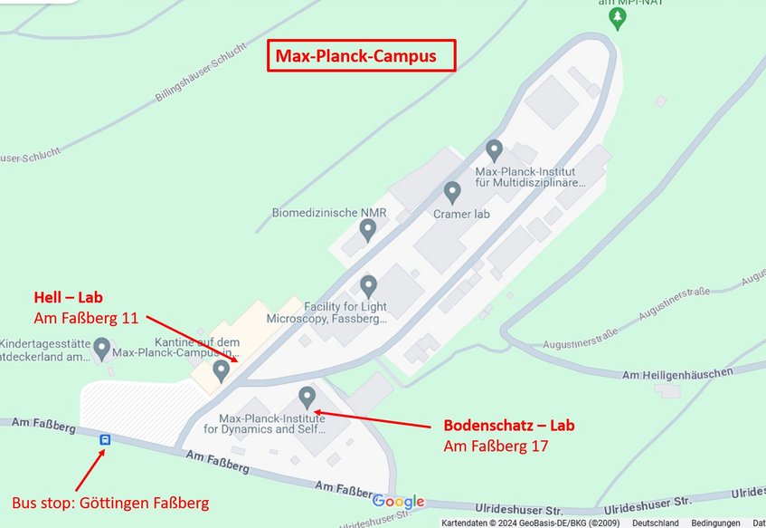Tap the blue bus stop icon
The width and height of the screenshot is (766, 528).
point(105,439)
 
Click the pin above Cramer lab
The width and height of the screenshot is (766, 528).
point(452,192)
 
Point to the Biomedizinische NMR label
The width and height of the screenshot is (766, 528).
point(329,213)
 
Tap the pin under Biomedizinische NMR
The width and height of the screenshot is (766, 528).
point(367,230)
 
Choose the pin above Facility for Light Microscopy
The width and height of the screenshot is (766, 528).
point(368,287)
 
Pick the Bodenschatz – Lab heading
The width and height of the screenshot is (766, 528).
point(509,426)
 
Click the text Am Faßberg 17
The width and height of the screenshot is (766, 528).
point(496,446)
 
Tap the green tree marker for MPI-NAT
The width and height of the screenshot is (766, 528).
point(619,16)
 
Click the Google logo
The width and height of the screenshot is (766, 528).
point(398,502)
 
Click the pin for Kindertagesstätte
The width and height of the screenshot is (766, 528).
point(102,347)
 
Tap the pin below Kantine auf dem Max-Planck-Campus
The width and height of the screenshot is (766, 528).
point(221,370)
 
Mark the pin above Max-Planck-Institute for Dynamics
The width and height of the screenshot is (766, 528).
point(307,397)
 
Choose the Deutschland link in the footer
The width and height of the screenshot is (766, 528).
point(655,523)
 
